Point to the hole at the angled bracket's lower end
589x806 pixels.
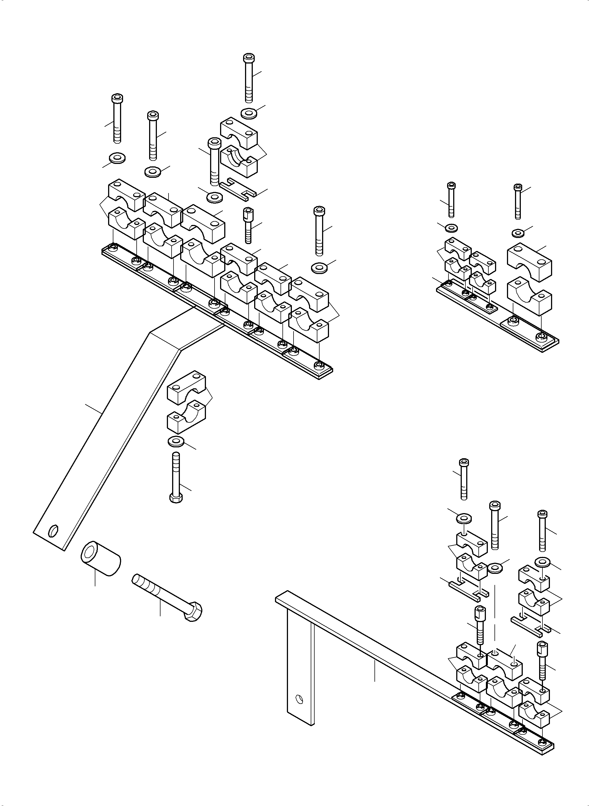[x=54, y=531]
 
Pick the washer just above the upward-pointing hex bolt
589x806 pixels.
[x=176, y=441]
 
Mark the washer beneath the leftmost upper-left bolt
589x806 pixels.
[x=117, y=158]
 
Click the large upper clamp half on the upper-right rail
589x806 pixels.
[x=529, y=263]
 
